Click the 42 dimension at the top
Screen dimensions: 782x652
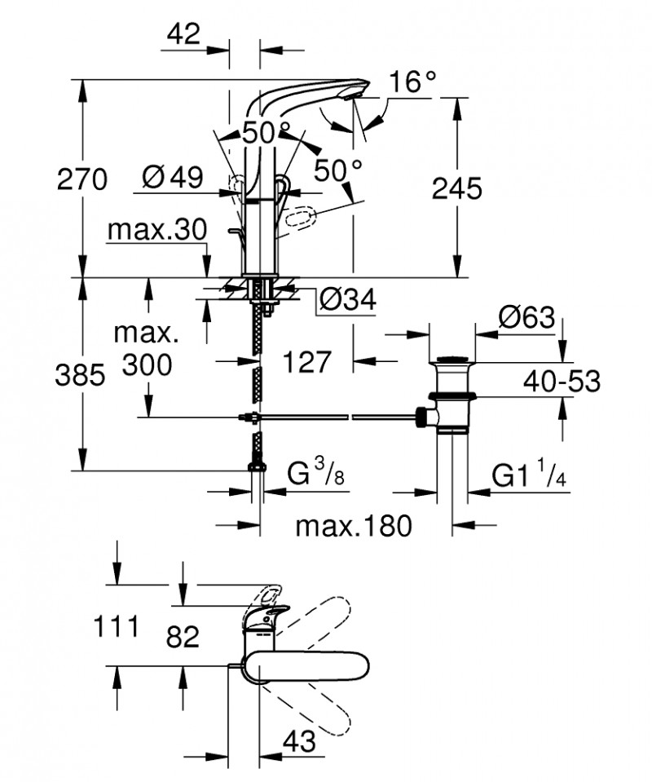click(183, 33)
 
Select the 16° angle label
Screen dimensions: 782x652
click(412, 83)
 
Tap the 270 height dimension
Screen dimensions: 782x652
click(81, 179)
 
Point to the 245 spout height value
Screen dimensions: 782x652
click(456, 188)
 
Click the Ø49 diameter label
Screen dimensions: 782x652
click(171, 178)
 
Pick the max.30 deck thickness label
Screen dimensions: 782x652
click(157, 231)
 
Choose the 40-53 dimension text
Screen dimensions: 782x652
click(562, 380)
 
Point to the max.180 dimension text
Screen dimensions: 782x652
click(353, 526)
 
